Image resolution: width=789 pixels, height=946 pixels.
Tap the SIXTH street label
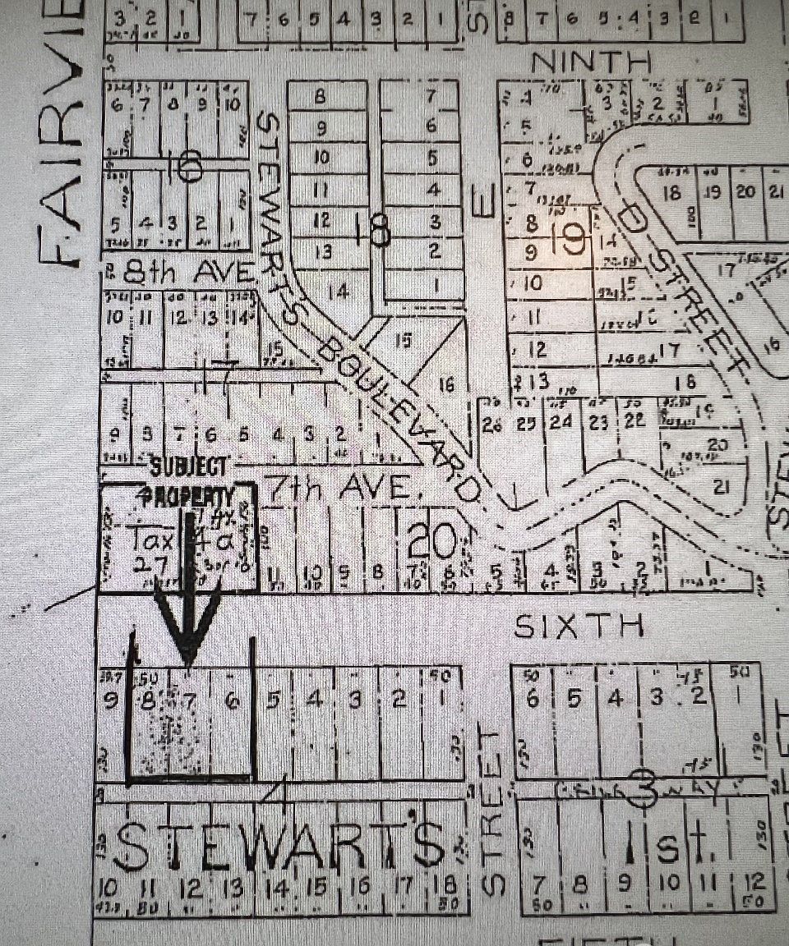(x=577, y=627)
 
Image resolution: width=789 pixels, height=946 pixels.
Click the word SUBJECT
(x=189, y=467)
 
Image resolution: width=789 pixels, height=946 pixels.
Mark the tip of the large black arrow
(x=189, y=661)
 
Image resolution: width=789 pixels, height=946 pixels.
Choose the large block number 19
(x=571, y=239)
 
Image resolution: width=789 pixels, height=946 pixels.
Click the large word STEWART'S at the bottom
(x=279, y=846)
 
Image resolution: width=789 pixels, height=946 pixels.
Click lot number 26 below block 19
(x=491, y=424)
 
